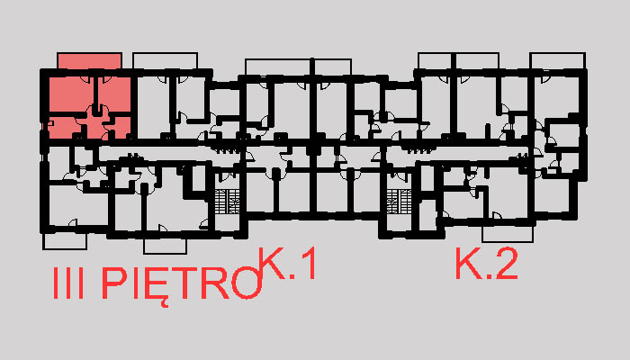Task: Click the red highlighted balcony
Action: pyautogui.click(x=89, y=61)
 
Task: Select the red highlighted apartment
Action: pyautogui.click(x=89, y=106)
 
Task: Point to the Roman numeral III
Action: pyautogui.click(x=68, y=283)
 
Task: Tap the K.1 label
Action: pyautogui.click(x=287, y=264)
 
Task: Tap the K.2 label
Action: pyautogui.click(x=486, y=264)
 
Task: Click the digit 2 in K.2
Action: pyautogui.click(x=506, y=264)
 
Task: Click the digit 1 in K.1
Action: pyautogui.click(x=309, y=264)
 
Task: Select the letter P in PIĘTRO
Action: pyautogui.click(x=114, y=283)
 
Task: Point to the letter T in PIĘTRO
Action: pyautogui.click(x=187, y=283)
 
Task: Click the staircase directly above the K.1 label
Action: pyautogui.click(x=228, y=202)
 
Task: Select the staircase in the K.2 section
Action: pyautogui.click(x=400, y=202)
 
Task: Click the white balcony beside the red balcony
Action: pyautogui.click(x=165, y=61)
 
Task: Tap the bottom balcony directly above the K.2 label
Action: pyautogui.click(x=508, y=234)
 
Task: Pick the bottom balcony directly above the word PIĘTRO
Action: pyautogui.click(x=165, y=246)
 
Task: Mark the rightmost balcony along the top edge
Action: pyautogui.click(x=558, y=61)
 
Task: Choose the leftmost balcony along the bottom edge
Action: pyautogui.click(x=65, y=241)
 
